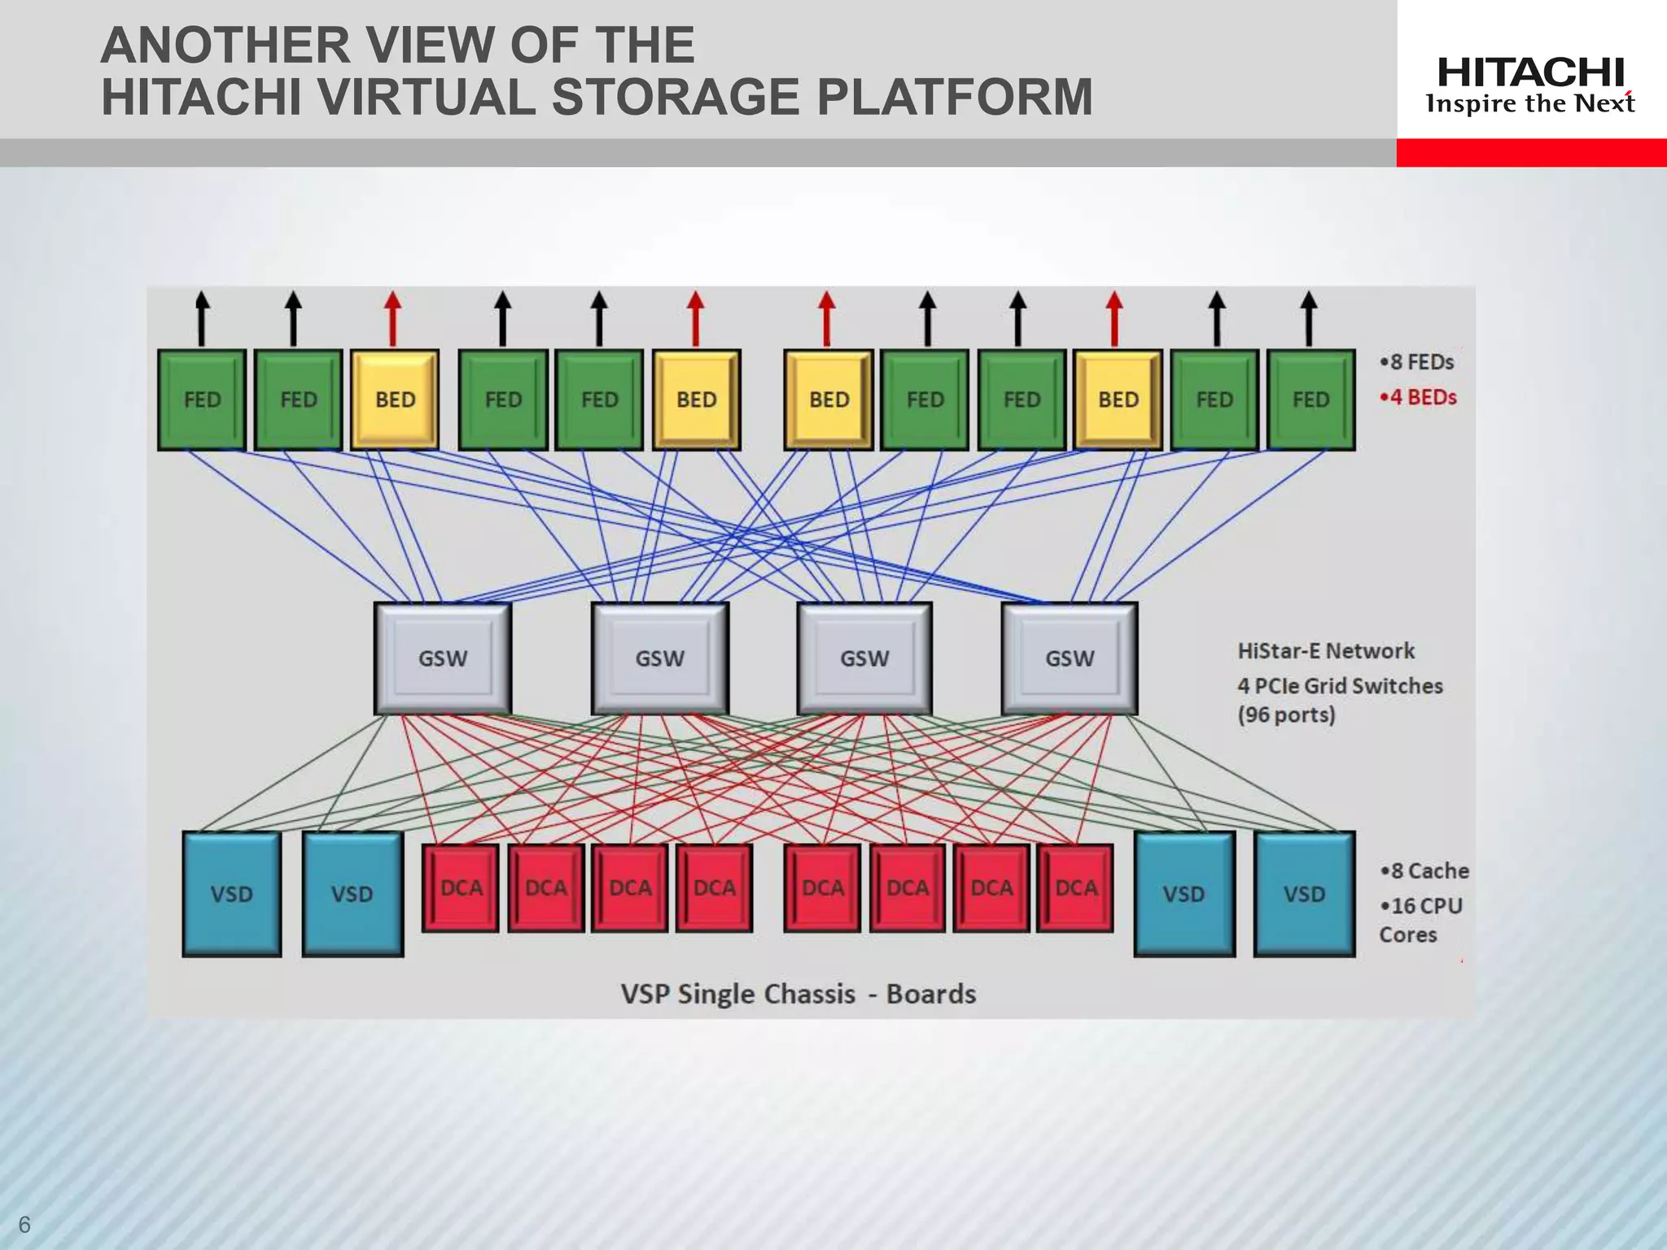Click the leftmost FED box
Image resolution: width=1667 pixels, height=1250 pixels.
click(202, 400)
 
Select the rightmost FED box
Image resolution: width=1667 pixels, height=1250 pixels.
click(1310, 400)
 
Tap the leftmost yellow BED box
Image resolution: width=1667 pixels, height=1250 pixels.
click(395, 400)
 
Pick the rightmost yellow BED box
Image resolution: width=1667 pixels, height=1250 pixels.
click(1118, 400)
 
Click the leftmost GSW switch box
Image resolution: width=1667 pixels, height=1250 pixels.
click(443, 658)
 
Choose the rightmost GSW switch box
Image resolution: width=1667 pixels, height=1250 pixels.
click(1070, 658)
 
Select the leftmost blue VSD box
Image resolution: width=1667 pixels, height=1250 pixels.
click(232, 894)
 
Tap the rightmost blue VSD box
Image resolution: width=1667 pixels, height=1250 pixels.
click(1304, 894)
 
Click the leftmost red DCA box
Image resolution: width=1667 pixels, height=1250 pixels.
click(461, 887)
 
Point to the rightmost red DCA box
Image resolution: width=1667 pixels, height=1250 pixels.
click(1075, 887)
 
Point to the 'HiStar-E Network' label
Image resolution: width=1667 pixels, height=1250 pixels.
click(1326, 651)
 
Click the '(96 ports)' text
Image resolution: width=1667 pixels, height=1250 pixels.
click(1286, 715)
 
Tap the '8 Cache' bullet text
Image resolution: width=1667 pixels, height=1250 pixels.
click(1424, 871)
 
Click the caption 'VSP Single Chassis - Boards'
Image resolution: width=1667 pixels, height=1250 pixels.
click(798, 994)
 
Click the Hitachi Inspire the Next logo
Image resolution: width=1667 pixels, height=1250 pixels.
click(1530, 85)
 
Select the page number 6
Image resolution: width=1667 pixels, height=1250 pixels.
click(24, 1224)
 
